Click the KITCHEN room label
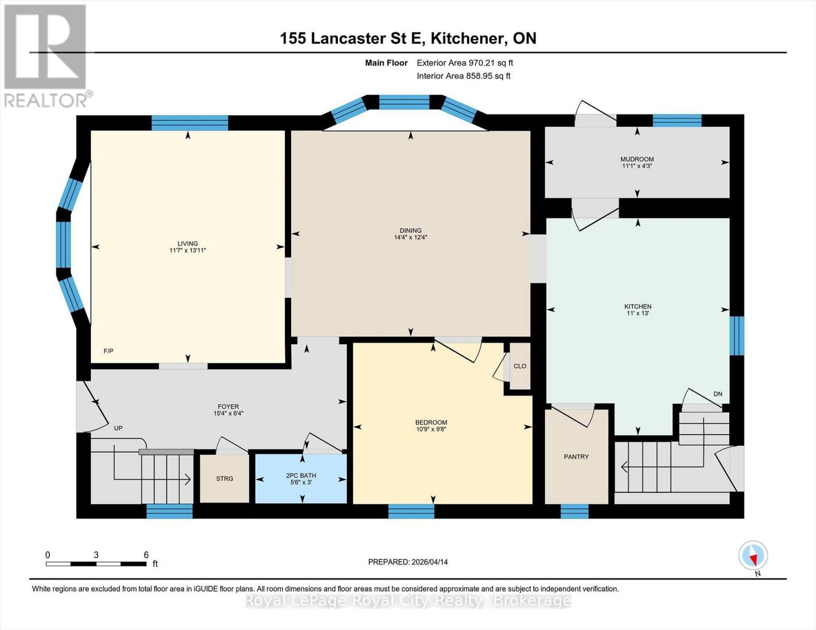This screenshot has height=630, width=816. click(x=637, y=307)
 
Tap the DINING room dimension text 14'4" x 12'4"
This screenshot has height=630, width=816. click(x=410, y=237)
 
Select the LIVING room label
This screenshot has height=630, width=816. click(x=188, y=244)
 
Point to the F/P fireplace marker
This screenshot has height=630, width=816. click(x=108, y=351)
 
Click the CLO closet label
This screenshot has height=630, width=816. click(x=520, y=366)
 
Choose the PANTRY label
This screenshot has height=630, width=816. click(x=576, y=457)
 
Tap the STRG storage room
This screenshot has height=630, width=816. click(x=224, y=478)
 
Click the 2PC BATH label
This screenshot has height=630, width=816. click(x=301, y=476)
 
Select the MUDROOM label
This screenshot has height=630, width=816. click(x=637, y=159)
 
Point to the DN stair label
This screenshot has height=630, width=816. click(x=718, y=394)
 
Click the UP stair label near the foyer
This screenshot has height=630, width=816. click(x=118, y=428)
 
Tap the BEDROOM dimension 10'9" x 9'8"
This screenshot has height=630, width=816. click(x=431, y=429)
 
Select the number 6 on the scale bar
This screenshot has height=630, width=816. click(x=146, y=555)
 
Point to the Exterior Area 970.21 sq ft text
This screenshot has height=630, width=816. click(x=464, y=63)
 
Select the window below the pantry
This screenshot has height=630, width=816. click(x=574, y=511)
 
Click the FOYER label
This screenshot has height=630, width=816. click(x=228, y=406)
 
